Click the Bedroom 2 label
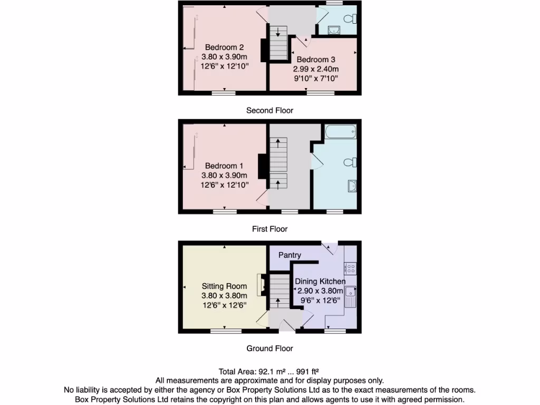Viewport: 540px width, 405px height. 224,47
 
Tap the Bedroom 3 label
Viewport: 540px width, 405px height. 316,60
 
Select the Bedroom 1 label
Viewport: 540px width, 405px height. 224,166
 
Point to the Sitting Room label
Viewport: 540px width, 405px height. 224,286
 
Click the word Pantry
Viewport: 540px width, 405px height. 290,255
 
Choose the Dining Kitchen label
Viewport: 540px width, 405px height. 320,282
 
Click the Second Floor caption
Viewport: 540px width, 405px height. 269,110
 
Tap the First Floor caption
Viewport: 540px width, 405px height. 269,229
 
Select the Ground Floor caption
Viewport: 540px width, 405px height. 269,348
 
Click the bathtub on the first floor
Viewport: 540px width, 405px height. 340,131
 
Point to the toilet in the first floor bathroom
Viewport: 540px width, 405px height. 351,162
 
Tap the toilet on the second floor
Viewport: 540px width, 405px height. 350,19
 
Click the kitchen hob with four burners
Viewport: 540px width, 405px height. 350,268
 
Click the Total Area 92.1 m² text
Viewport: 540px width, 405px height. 269,371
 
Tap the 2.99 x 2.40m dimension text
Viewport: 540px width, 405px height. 316,69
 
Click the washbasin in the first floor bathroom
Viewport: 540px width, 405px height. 352,185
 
